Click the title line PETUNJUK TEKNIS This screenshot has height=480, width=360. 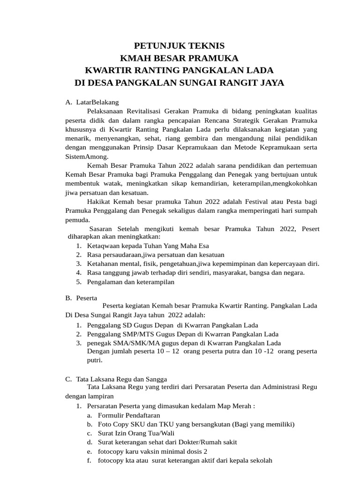pyautogui.click(x=180, y=46)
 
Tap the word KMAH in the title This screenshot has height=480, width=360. pyautogui.click(x=135, y=59)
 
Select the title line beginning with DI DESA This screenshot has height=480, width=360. pyautogui.click(x=180, y=83)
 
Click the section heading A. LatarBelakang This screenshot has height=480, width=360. pyautogui.click(x=92, y=102)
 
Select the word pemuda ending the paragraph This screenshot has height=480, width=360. pyautogui.click(x=77, y=219)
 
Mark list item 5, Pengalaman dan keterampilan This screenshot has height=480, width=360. pyautogui.click(x=130, y=282)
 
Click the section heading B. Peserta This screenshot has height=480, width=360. pyautogui.click(x=81, y=298)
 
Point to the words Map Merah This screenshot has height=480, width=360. pyautogui.click(x=238, y=406)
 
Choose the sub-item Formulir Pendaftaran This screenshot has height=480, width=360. pyautogui.click(x=129, y=415)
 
